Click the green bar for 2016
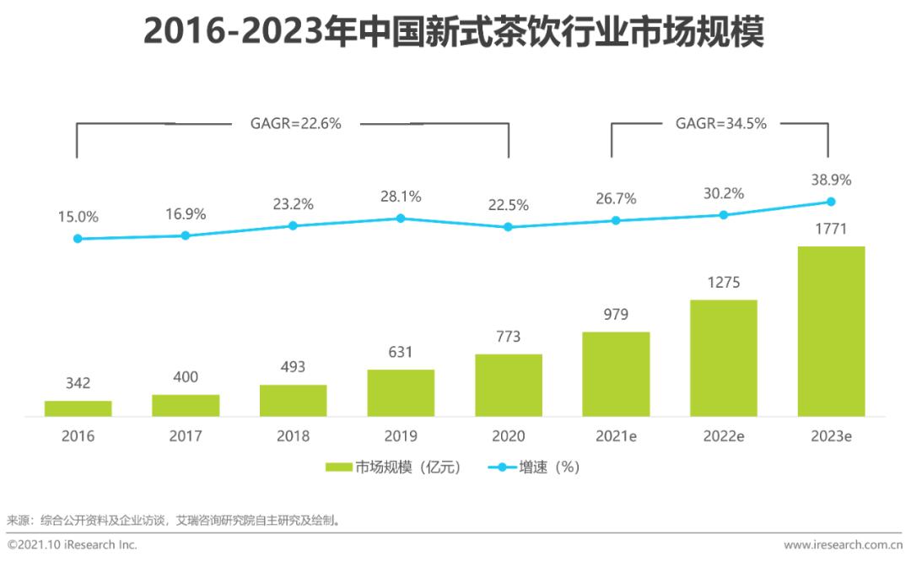pyautogui.click(x=78, y=408)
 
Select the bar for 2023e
pyautogui.click(x=831, y=331)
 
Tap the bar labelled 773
pyautogui.click(x=508, y=385)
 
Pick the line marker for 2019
pyautogui.click(x=401, y=218)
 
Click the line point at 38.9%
pyautogui.click(x=831, y=202)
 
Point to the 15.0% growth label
pyautogui.click(x=78, y=217)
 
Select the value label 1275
pyautogui.click(x=723, y=283)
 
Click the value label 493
pyautogui.click(x=293, y=367)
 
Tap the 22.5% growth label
pyautogui.click(x=508, y=205)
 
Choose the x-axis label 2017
pyautogui.click(x=185, y=436)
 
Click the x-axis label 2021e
pyautogui.click(x=616, y=436)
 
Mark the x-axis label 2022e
pyautogui.click(x=723, y=436)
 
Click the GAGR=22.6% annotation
pyautogui.click(x=295, y=123)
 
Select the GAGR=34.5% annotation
pyautogui.click(x=720, y=123)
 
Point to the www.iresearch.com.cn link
pyautogui.click(x=843, y=545)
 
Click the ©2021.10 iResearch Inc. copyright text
pyautogui.click(x=72, y=545)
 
